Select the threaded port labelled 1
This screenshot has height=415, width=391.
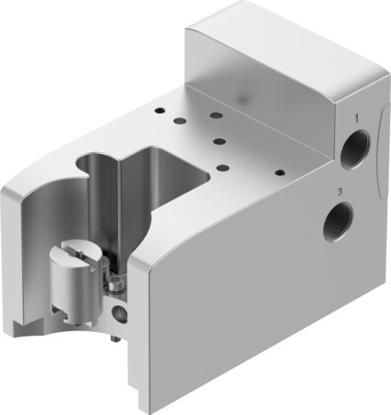coord(354,152)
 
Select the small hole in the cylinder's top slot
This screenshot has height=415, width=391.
coord(77,249)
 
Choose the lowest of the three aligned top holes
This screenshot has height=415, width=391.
coord(222,167)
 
